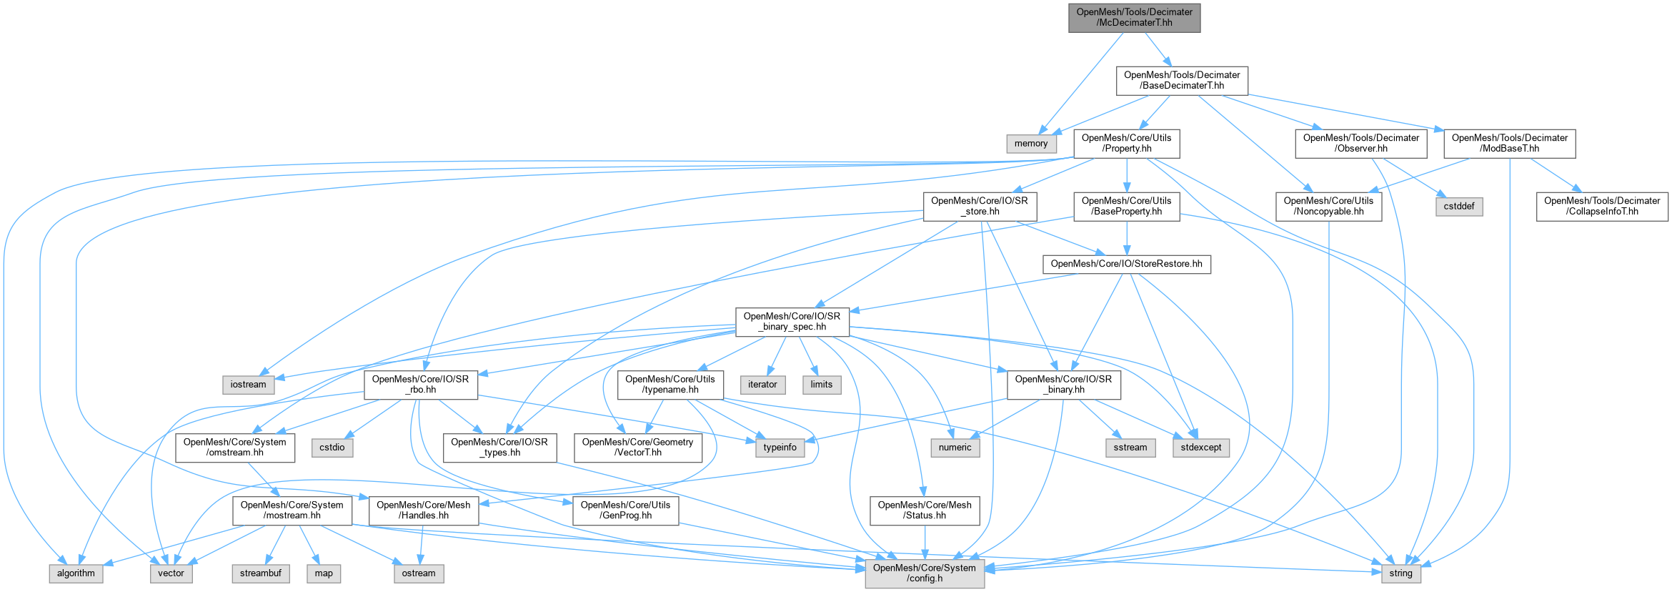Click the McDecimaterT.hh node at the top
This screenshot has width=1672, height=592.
click(x=1134, y=17)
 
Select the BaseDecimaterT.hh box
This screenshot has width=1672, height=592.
click(x=1182, y=80)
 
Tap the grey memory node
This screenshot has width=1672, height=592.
click(x=1030, y=143)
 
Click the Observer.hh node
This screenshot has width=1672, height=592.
click(x=1360, y=143)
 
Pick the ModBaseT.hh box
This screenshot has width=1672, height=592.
click(x=1509, y=143)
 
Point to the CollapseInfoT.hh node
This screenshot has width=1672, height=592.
click(x=1602, y=206)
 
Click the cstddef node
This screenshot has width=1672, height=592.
click(x=1459, y=206)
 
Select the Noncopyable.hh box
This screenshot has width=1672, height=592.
click(x=1328, y=206)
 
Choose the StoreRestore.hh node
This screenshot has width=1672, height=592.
click(x=1126, y=264)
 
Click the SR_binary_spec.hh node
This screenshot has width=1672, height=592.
click(x=792, y=321)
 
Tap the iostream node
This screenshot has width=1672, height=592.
click(x=248, y=385)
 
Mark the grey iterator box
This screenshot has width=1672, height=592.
click(x=762, y=385)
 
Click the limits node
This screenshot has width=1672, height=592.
click(x=821, y=385)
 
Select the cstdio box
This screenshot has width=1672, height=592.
click(x=332, y=448)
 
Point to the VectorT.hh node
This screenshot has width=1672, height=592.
click(x=637, y=447)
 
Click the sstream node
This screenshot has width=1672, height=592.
click(x=1130, y=448)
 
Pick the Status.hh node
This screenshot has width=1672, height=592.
click(x=924, y=510)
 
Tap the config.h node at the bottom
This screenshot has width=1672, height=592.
click(x=924, y=573)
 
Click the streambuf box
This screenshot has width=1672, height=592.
click(x=260, y=573)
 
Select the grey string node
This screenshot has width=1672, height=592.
click(x=1400, y=573)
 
